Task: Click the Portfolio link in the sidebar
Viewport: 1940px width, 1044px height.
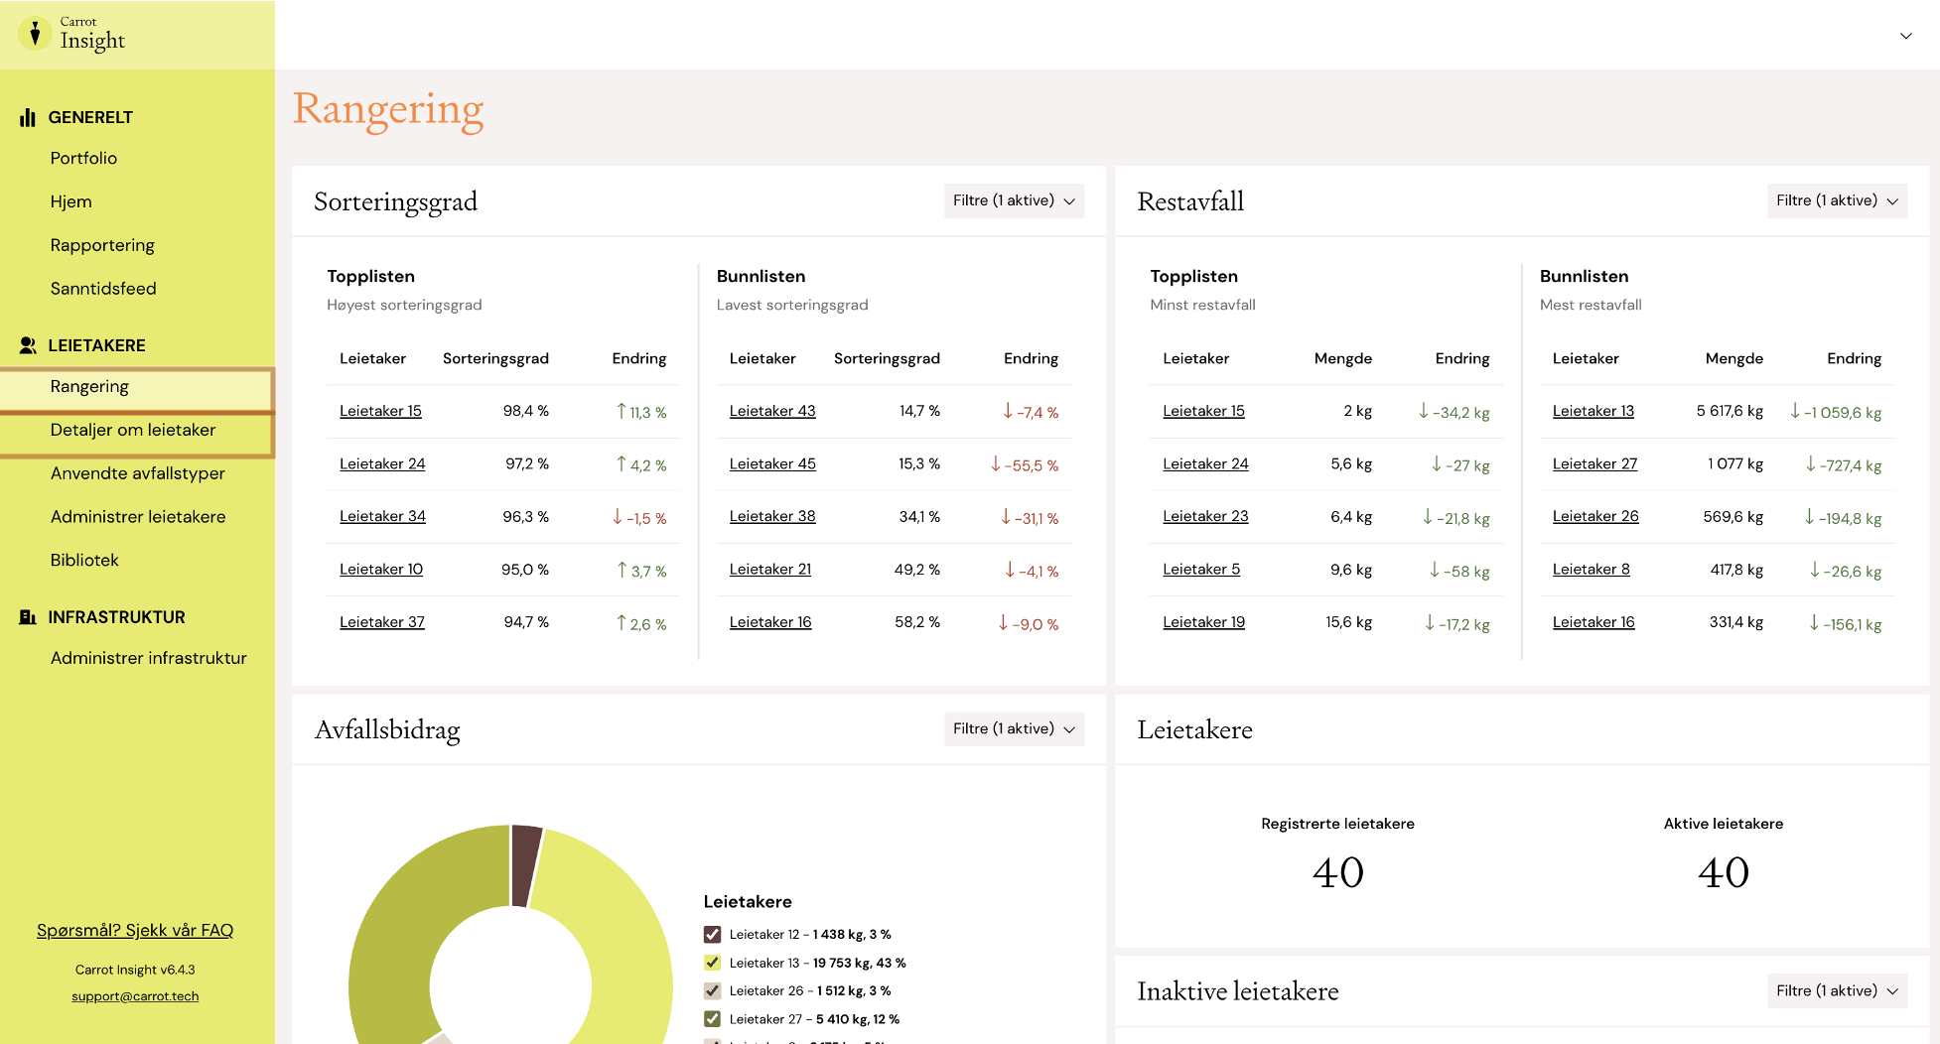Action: tap(83, 158)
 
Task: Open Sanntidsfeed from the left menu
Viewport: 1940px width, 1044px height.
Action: tap(103, 289)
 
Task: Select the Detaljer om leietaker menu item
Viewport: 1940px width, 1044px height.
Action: tap(133, 430)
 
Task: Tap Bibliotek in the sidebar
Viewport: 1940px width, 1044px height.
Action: tap(84, 560)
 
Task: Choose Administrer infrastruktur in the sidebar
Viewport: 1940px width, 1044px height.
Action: tap(149, 658)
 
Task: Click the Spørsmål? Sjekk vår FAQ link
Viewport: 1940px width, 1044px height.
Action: tap(135, 930)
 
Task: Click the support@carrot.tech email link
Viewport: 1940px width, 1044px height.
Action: tap(135, 996)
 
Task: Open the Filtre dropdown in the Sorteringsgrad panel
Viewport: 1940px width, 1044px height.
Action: tap(1014, 200)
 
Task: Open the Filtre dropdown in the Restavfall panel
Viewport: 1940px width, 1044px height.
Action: tap(1837, 200)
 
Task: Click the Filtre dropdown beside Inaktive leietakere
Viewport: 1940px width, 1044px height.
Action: tap(1837, 990)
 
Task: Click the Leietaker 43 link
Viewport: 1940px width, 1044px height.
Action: tap(772, 411)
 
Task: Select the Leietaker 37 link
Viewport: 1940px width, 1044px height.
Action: tap(382, 622)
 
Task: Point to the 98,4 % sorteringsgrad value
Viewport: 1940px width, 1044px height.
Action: tap(526, 411)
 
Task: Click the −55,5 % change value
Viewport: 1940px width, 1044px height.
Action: tap(1025, 464)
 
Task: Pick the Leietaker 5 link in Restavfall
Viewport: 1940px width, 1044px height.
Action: tap(1201, 570)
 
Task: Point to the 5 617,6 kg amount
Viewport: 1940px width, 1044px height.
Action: tap(1730, 411)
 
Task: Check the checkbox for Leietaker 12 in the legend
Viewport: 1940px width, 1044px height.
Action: tap(712, 934)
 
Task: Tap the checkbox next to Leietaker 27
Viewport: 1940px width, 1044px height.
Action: tap(712, 1018)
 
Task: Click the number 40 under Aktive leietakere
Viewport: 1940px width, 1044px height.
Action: tap(1724, 873)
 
